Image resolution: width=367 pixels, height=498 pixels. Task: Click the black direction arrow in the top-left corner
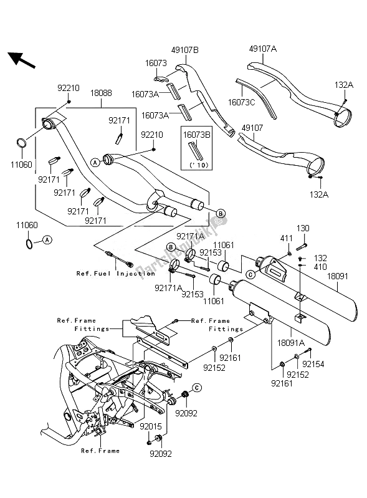coord(21,60)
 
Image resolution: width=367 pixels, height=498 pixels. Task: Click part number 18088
coord(101,93)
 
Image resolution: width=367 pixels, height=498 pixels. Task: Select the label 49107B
coord(185,50)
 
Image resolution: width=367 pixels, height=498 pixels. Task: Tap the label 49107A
coord(263,49)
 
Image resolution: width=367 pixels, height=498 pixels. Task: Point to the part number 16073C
coord(241,102)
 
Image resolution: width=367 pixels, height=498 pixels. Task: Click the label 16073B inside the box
coord(196,135)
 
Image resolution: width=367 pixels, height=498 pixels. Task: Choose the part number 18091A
coord(291,343)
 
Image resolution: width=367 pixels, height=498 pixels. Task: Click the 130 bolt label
coord(303,228)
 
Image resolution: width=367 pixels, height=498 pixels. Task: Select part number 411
coord(286,238)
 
